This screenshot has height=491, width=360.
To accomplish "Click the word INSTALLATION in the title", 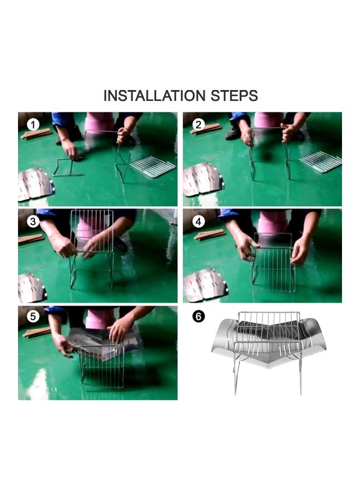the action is (x=154, y=96).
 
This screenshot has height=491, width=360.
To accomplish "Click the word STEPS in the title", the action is (x=235, y=96).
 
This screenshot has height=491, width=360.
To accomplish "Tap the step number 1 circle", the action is (x=33, y=125).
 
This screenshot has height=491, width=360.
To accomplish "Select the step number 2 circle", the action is (x=198, y=125).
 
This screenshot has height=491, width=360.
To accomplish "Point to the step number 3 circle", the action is (x=33, y=221).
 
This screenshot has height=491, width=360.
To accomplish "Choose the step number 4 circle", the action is (x=198, y=221).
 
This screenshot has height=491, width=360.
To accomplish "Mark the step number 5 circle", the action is (x=33, y=316).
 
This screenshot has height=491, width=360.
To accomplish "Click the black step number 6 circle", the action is (x=198, y=316).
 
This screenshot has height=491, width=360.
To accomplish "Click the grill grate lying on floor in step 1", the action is (x=153, y=166).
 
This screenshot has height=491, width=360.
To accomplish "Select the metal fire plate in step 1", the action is (x=36, y=184).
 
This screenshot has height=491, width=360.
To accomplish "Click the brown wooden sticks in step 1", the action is (x=37, y=134).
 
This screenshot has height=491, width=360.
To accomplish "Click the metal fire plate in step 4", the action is (x=206, y=285).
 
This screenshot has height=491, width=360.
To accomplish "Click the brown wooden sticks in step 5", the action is (x=37, y=332).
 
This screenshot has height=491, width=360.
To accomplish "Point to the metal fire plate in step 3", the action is (x=33, y=288).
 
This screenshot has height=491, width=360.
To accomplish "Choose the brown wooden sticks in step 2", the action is (x=206, y=129).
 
